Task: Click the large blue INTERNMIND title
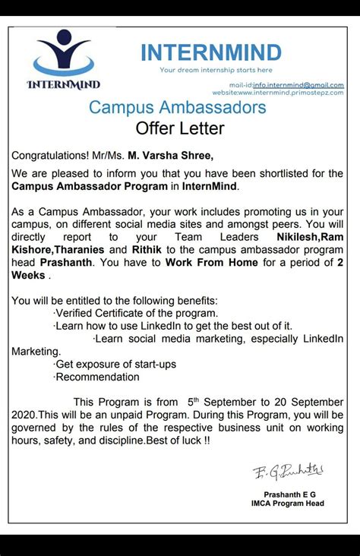tap(210, 53)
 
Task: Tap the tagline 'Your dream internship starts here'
tap(205, 71)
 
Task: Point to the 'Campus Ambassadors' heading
tap(178, 107)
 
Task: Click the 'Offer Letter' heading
tap(179, 128)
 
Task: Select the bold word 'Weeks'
tap(28, 275)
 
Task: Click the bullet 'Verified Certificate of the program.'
tap(136, 313)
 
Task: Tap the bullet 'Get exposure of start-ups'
tap(115, 364)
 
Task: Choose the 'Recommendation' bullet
tap(96, 377)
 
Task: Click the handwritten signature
tap(288, 471)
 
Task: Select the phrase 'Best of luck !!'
tap(175, 440)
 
